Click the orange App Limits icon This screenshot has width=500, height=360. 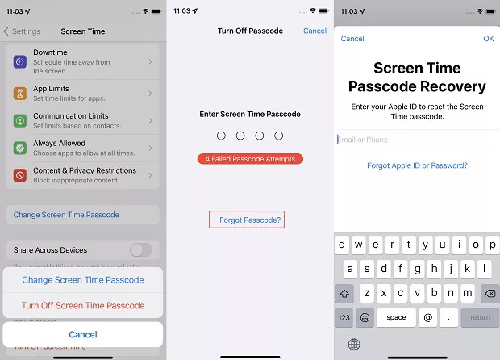pyautogui.click(x=20, y=94)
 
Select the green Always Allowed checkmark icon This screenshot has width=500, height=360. pyautogui.click(x=20, y=148)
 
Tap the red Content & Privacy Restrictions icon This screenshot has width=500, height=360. pyautogui.click(x=20, y=175)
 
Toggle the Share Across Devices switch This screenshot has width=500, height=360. pyautogui.click(x=140, y=250)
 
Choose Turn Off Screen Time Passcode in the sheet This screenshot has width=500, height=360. pyautogui.click(x=83, y=306)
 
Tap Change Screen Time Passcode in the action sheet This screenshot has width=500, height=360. pyautogui.click(x=83, y=280)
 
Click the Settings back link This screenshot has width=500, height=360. pyautogui.click(x=23, y=31)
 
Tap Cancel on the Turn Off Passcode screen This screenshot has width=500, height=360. pyautogui.click(x=315, y=31)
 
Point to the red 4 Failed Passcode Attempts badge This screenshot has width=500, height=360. pyautogui.click(x=250, y=159)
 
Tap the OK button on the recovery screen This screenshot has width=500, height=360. pyautogui.click(x=488, y=39)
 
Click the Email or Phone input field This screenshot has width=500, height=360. pyautogui.click(x=415, y=140)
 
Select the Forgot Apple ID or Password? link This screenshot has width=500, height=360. pyautogui.click(x=417, y=165)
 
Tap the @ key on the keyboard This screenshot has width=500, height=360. pyautogui.click(x=427, y=317)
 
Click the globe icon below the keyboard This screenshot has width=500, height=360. pyautogui.click(x=354, y=345)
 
